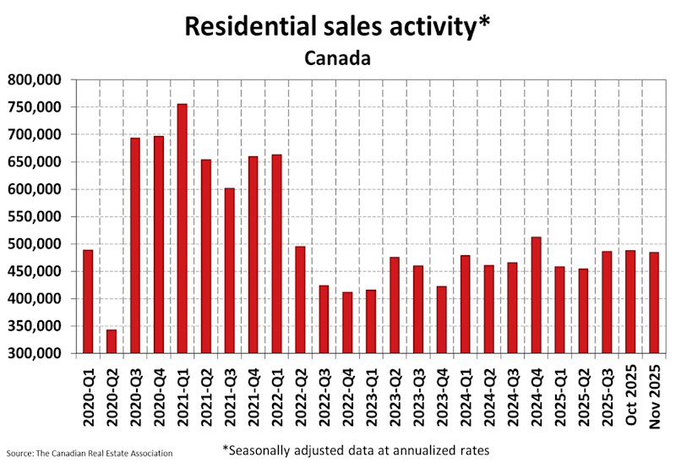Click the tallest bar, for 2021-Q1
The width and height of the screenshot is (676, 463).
click(182, 228)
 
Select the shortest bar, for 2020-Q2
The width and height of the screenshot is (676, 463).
click(111, 341)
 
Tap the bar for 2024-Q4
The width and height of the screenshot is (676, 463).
click(536, 295)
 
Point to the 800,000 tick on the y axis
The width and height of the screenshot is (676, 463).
click(37, 80)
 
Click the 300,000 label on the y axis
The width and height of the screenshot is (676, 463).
click(37, 353)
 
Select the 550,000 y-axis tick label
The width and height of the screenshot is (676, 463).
click(37, 216)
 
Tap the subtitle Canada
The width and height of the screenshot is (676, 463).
click(337, 58)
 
